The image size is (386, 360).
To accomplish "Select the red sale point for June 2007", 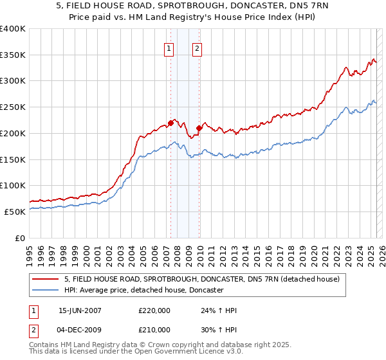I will pyautogui.click(x=170, y=122).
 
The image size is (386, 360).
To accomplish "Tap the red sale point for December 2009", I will pyautogui.click(x=199, y=128).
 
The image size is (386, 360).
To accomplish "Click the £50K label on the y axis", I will pyautogui.click(x=15, y=212).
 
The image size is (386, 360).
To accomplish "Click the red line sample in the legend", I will pyautogui.click(x=46, y=279).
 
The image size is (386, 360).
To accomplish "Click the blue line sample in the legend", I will pyautogui.click(x=46, y=291).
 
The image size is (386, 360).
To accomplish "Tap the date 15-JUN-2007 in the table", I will pyautogui.click(x=80, y=310).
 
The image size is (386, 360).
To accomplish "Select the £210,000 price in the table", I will pyautogui.click(x=154, y=330).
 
